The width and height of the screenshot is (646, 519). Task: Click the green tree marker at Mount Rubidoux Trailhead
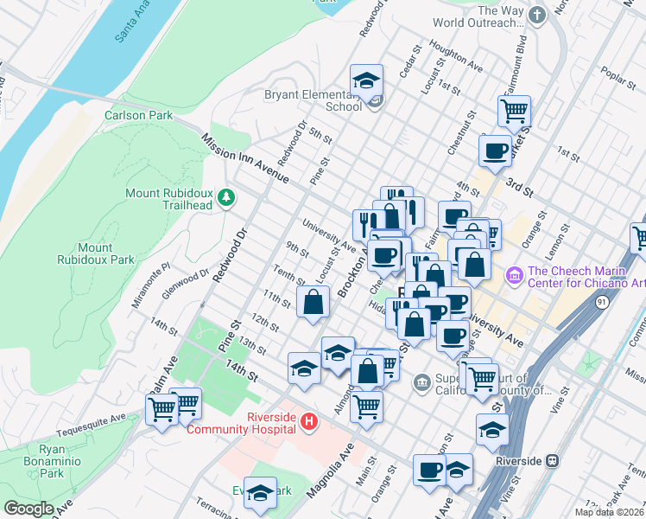coord(226,198)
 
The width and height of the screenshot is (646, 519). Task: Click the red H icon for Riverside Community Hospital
coord(309,423)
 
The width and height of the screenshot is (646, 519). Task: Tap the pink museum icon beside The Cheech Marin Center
coord(514,275)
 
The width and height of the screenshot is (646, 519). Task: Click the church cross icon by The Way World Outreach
coord(536,16)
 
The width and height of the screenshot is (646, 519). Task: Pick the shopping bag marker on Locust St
coord(313,303)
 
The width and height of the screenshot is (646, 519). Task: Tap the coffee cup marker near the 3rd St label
coord(496,150)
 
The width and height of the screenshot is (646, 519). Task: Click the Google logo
coord(28,509)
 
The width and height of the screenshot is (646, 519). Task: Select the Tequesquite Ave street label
coord(91,426)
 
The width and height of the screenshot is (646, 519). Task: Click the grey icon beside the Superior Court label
coord(422,381)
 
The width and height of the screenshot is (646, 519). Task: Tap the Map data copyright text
coord(609,512)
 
